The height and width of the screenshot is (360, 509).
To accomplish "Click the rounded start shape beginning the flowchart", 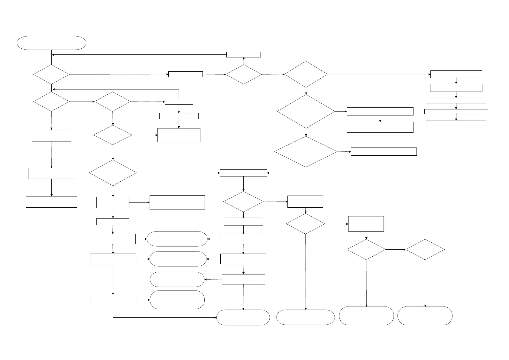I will click(51, 43).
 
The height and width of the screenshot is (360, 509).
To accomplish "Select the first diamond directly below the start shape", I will click(51, 74).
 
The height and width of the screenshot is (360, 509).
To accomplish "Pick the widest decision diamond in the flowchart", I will click(306, 151).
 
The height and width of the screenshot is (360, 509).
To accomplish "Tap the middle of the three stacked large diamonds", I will click(306, 112).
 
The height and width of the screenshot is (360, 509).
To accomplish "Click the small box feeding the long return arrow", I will click(243, 55).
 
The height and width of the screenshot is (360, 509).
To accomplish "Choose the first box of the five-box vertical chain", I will click(456, 74).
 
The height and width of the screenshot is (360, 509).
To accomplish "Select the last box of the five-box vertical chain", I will click(456, 128).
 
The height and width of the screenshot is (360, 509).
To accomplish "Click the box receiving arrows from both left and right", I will click(243, 173).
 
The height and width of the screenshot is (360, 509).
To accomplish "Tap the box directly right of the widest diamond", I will click(384, 151).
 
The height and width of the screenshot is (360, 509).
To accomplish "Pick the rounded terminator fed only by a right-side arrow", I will click(177, 279).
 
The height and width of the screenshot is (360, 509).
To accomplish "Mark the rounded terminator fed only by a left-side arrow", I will click(177, 300).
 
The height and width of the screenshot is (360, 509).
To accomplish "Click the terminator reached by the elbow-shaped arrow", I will click(243, 317).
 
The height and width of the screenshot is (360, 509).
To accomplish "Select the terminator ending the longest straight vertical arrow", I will click(305, 317).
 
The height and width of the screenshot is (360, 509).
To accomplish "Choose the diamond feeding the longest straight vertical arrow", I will click(305, 224).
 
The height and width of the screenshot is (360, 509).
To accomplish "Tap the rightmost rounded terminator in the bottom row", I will click(425, 316).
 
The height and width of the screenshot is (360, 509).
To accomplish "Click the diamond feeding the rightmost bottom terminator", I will click(425, 250).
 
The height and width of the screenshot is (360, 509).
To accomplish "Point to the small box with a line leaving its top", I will click(179, 102).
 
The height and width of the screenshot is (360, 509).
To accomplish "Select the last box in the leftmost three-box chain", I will click(51, 202).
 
